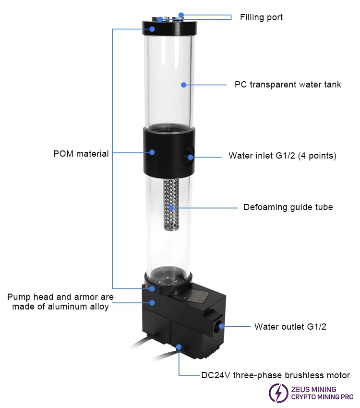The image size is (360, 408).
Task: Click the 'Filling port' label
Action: coord(261,17)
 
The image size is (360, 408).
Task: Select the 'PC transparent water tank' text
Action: coord(288,85)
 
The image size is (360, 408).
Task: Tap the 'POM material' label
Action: coord(81,153)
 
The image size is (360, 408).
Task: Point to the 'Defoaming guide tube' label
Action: coord(288,207)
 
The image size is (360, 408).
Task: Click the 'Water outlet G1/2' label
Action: coord(290,327)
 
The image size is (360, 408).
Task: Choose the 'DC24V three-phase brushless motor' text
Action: coord(276,375)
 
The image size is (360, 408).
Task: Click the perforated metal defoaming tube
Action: coord(171,205)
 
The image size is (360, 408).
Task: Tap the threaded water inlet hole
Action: coord(189,155)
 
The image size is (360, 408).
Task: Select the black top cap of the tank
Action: coord(169,28)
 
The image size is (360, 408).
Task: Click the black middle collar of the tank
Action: coord(169,152)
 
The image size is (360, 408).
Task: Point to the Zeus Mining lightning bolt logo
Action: coord(278,393)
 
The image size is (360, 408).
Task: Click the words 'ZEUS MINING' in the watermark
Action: coord(313,390)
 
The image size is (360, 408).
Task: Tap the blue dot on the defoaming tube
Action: coord(171,208)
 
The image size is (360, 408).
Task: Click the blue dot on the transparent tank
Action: coord(184,85)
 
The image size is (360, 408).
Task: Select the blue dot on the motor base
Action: coord(179,347)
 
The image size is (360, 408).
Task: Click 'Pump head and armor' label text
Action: coord(60,297)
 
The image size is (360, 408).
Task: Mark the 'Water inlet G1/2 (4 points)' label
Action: coord(283,156)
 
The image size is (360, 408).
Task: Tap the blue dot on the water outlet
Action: coord(221,326)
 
